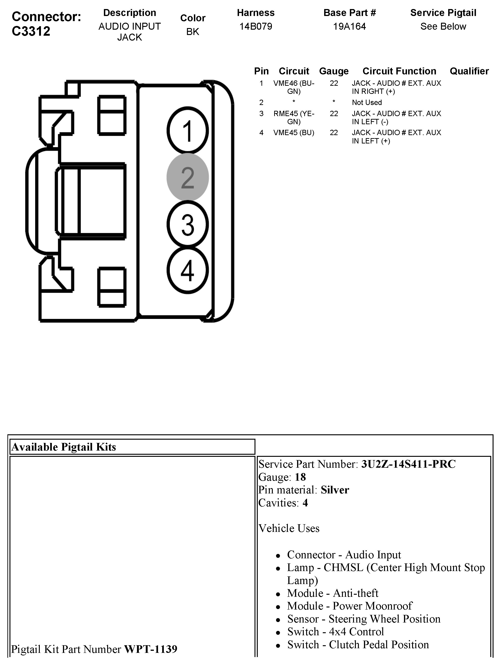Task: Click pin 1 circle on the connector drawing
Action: (x=188, y=130)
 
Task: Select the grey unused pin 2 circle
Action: (x=188, y=177)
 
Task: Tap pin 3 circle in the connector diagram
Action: (x=188, y=224)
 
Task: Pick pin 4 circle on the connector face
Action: (x=188, y=270)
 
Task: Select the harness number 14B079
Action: (x=256, y=26)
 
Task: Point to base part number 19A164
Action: (x=350, y=26)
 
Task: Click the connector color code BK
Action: (x=193, y=32)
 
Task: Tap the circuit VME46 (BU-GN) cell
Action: (x=294, y=87)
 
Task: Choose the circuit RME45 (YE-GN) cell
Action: (x=294, y=117)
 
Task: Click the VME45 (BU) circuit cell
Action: (x=294, y=133)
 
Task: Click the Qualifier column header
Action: (x=469, y=71)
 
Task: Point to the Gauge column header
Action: (x=334, y=71)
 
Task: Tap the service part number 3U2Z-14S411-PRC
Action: (x=408, y=464)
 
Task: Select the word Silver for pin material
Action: (x=335, y=490)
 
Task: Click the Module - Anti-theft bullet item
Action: (x=333, y=593)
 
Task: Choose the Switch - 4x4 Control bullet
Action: (x=335, y=632)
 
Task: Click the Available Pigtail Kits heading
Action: (x=64, y=447)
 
